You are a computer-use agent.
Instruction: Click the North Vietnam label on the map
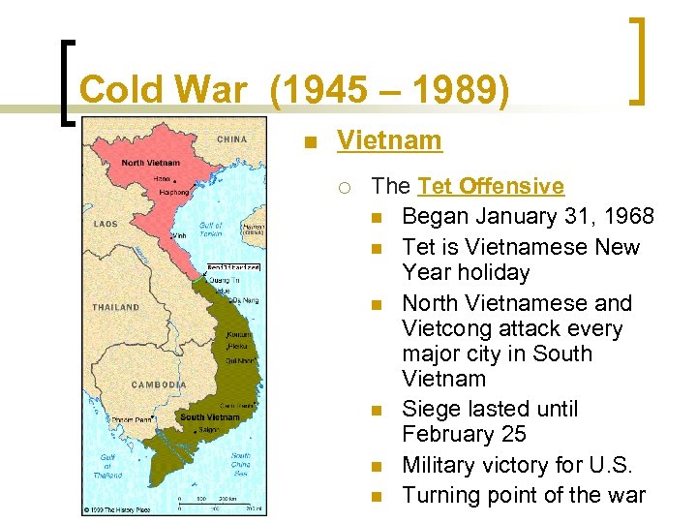[x=151, y=163]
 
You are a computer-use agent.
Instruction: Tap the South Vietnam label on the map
[x=209, y=417]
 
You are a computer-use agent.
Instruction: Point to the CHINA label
[x=232, y=139]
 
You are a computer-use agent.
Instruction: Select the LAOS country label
[x=106, y=224]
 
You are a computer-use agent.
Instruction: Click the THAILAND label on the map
[x=115, y=307]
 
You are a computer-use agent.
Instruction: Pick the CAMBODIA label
[x=159, y=385]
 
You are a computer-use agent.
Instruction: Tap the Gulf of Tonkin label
[x=212, y=228]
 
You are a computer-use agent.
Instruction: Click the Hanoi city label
[x=162, y=178]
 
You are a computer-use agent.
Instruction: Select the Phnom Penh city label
[x=133, y=419]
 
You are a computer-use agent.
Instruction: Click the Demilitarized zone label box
[x=233, y=267]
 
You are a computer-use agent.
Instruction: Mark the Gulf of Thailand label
[x=109, y=466]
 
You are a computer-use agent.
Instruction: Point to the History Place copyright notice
[x=119, y=508]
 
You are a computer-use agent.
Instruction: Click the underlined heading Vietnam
[x=389, y=141]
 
